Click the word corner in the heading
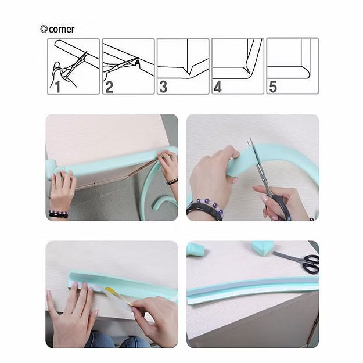62,29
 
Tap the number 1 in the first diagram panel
57,87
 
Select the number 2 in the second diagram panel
109,87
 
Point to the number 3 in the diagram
163,87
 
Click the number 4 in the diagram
218,87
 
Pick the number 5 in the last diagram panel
273,87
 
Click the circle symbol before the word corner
44,29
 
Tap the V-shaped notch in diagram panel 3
189,70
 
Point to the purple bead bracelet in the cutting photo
207,207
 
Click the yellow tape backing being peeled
119,296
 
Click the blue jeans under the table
116,340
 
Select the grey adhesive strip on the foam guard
252,286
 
